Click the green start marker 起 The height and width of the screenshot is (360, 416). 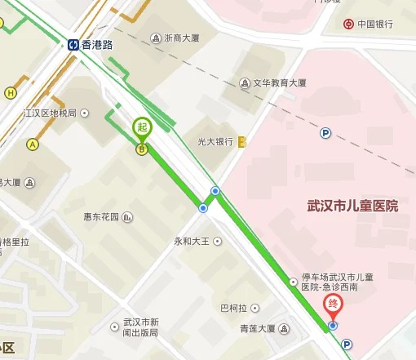point(143,127)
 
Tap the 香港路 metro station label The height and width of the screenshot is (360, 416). point(98,45)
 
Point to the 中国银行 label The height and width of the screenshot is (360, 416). point(376,24)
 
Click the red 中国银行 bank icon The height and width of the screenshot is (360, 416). point(349,24)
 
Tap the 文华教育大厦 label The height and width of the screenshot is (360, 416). point(279,83)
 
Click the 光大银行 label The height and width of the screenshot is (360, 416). point(215,141)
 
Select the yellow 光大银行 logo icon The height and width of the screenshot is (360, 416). point(241,141)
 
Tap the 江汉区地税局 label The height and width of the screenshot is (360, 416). point(50,113)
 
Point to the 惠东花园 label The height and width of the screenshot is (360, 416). point(101,217)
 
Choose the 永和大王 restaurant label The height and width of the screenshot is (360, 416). point(193,242)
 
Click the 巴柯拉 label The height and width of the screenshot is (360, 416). point(233,308)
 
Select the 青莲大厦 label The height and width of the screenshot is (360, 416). point(257,329)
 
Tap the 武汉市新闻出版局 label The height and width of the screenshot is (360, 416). point(140,327)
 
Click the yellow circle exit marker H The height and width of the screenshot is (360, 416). point(11,93)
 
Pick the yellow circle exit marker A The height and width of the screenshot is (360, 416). point(33,144)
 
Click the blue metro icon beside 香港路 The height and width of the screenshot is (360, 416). point(73,45)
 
